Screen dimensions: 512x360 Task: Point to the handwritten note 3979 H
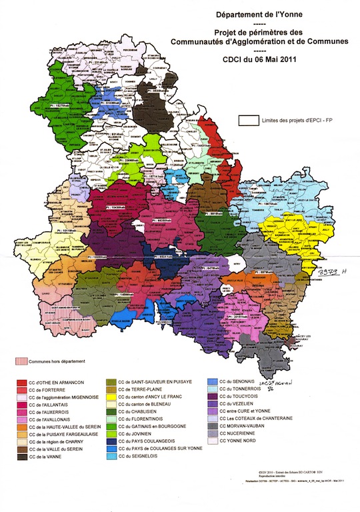(329, 272)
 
